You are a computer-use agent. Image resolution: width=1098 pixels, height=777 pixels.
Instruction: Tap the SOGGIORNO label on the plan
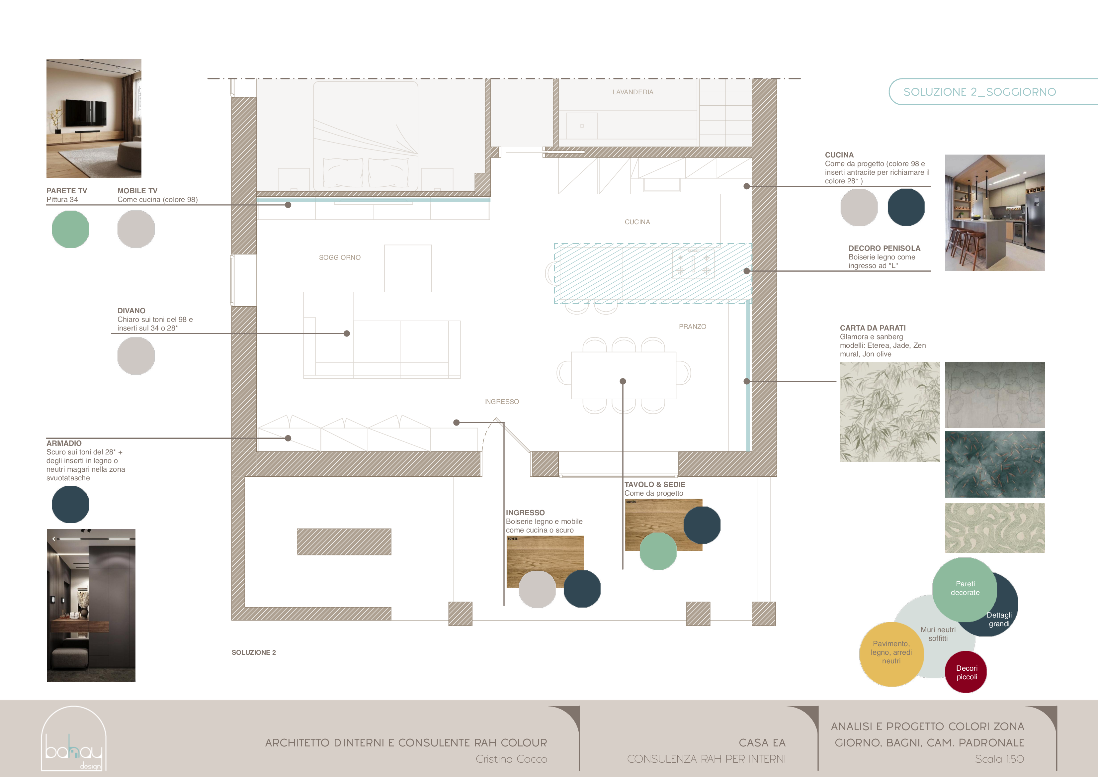pyautogui.click(x=340, y=257)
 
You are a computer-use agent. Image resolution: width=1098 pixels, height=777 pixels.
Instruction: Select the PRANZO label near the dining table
pyautogui.click(x=692, y=326)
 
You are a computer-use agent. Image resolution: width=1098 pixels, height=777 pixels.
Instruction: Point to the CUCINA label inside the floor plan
pyautogui.click(x=637, y=222)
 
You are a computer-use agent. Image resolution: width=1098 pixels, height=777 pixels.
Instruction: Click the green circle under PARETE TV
pyautogui.click(x=70, y=230)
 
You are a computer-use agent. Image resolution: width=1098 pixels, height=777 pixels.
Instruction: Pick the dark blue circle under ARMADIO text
pyautogui.click(x=70, y=504)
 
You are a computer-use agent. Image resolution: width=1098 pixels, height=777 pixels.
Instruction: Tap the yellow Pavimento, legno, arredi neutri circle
pyautogui.click(x=890, y=653)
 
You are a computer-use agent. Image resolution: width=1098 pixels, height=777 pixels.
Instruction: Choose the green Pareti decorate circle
pyautogui.click(x=964, y=589)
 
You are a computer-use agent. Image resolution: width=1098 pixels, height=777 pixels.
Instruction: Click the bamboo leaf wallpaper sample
pyautogui.click(x=889, y=412)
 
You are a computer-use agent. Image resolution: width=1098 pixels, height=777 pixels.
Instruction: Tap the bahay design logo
pyautogui.click(x=74, y=739)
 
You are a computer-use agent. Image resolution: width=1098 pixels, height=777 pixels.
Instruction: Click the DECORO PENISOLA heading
pyautogui.click(x=884, y=248)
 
